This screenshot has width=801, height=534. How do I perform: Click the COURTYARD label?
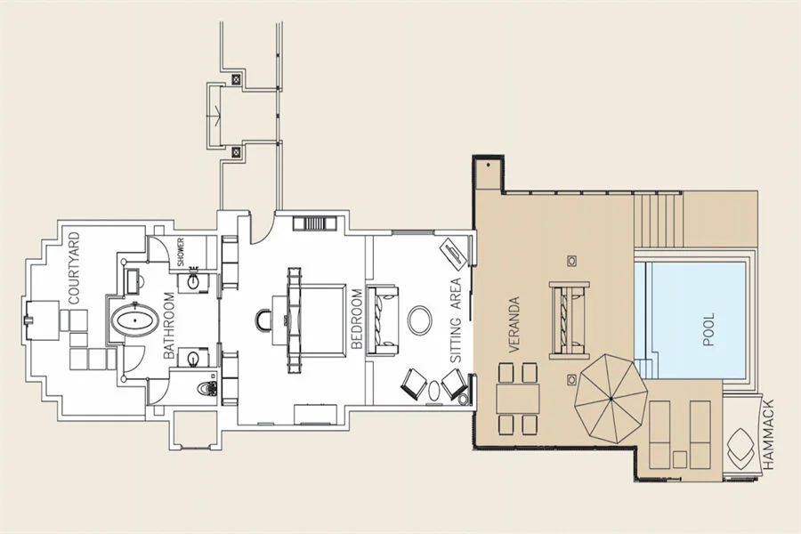[75, 268]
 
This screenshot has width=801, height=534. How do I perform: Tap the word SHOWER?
[181, 252]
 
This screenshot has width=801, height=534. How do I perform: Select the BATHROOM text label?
[169, 326]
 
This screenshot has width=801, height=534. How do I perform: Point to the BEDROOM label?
[357, 319]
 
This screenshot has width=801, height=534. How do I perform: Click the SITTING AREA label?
[455, 320]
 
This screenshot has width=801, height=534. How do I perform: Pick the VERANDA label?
[514, 325]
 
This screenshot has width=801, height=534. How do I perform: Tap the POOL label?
[708, 329]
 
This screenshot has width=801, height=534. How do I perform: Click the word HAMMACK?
[768, 435]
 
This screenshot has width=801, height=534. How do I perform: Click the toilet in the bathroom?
[206, 388]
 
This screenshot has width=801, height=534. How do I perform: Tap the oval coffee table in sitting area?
[420, 320]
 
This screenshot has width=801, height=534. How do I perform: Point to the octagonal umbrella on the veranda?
[611, 399]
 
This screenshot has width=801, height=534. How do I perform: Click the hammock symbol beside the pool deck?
[740, 448]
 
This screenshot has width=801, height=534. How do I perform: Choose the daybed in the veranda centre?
[569, 320]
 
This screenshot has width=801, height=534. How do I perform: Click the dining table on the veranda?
[517, 399]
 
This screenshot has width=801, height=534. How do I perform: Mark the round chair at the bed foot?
[264, 320]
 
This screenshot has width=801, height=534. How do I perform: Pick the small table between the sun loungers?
[679, 460]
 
